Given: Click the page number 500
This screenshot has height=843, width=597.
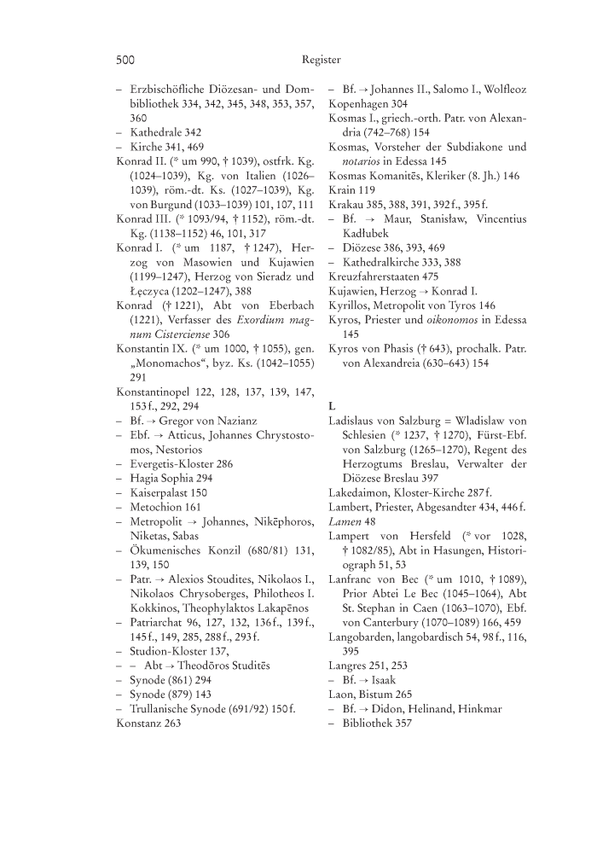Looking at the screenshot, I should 125,60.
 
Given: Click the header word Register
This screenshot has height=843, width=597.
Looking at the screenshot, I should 321,60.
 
